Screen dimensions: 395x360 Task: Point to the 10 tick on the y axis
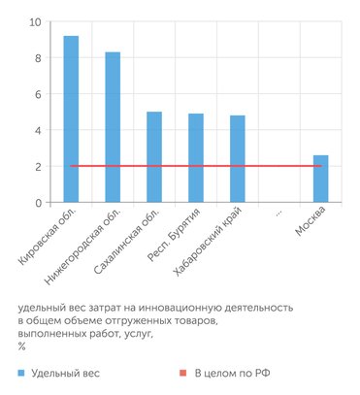pyautogui.click(x=35, y=22)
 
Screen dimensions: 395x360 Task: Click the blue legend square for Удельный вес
pyautogui.click(x=20, y=372)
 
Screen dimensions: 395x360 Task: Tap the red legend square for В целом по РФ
pyautogui.click(x=182, y=372)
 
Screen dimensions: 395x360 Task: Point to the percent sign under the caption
pyautogui.click(x=21, y=346)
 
